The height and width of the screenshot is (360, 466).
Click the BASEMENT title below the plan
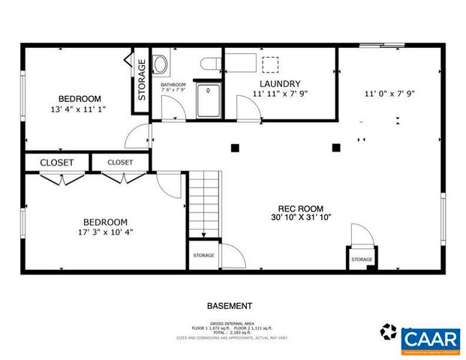[x=229, y=306]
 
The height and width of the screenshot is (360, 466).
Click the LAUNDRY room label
[x=280, y=83]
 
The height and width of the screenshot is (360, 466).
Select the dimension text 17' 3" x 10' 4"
[x=104, y=232]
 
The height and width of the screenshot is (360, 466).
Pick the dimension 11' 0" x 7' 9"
[x=389, y=94]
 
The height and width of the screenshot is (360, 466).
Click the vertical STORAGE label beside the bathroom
[x=141, y=79]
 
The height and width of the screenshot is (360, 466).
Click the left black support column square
[x=235, y=148]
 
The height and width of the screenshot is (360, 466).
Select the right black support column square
[x=335, y=148]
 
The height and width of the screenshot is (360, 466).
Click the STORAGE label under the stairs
[x=203, y=256]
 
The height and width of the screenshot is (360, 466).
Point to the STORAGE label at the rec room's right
[x=361, y=259]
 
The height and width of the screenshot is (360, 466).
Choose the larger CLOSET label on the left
[x=56, y=162]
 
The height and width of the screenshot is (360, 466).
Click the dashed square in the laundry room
[x=269, y=64]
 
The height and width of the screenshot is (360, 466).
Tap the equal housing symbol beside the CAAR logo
[x=389, y=331]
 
